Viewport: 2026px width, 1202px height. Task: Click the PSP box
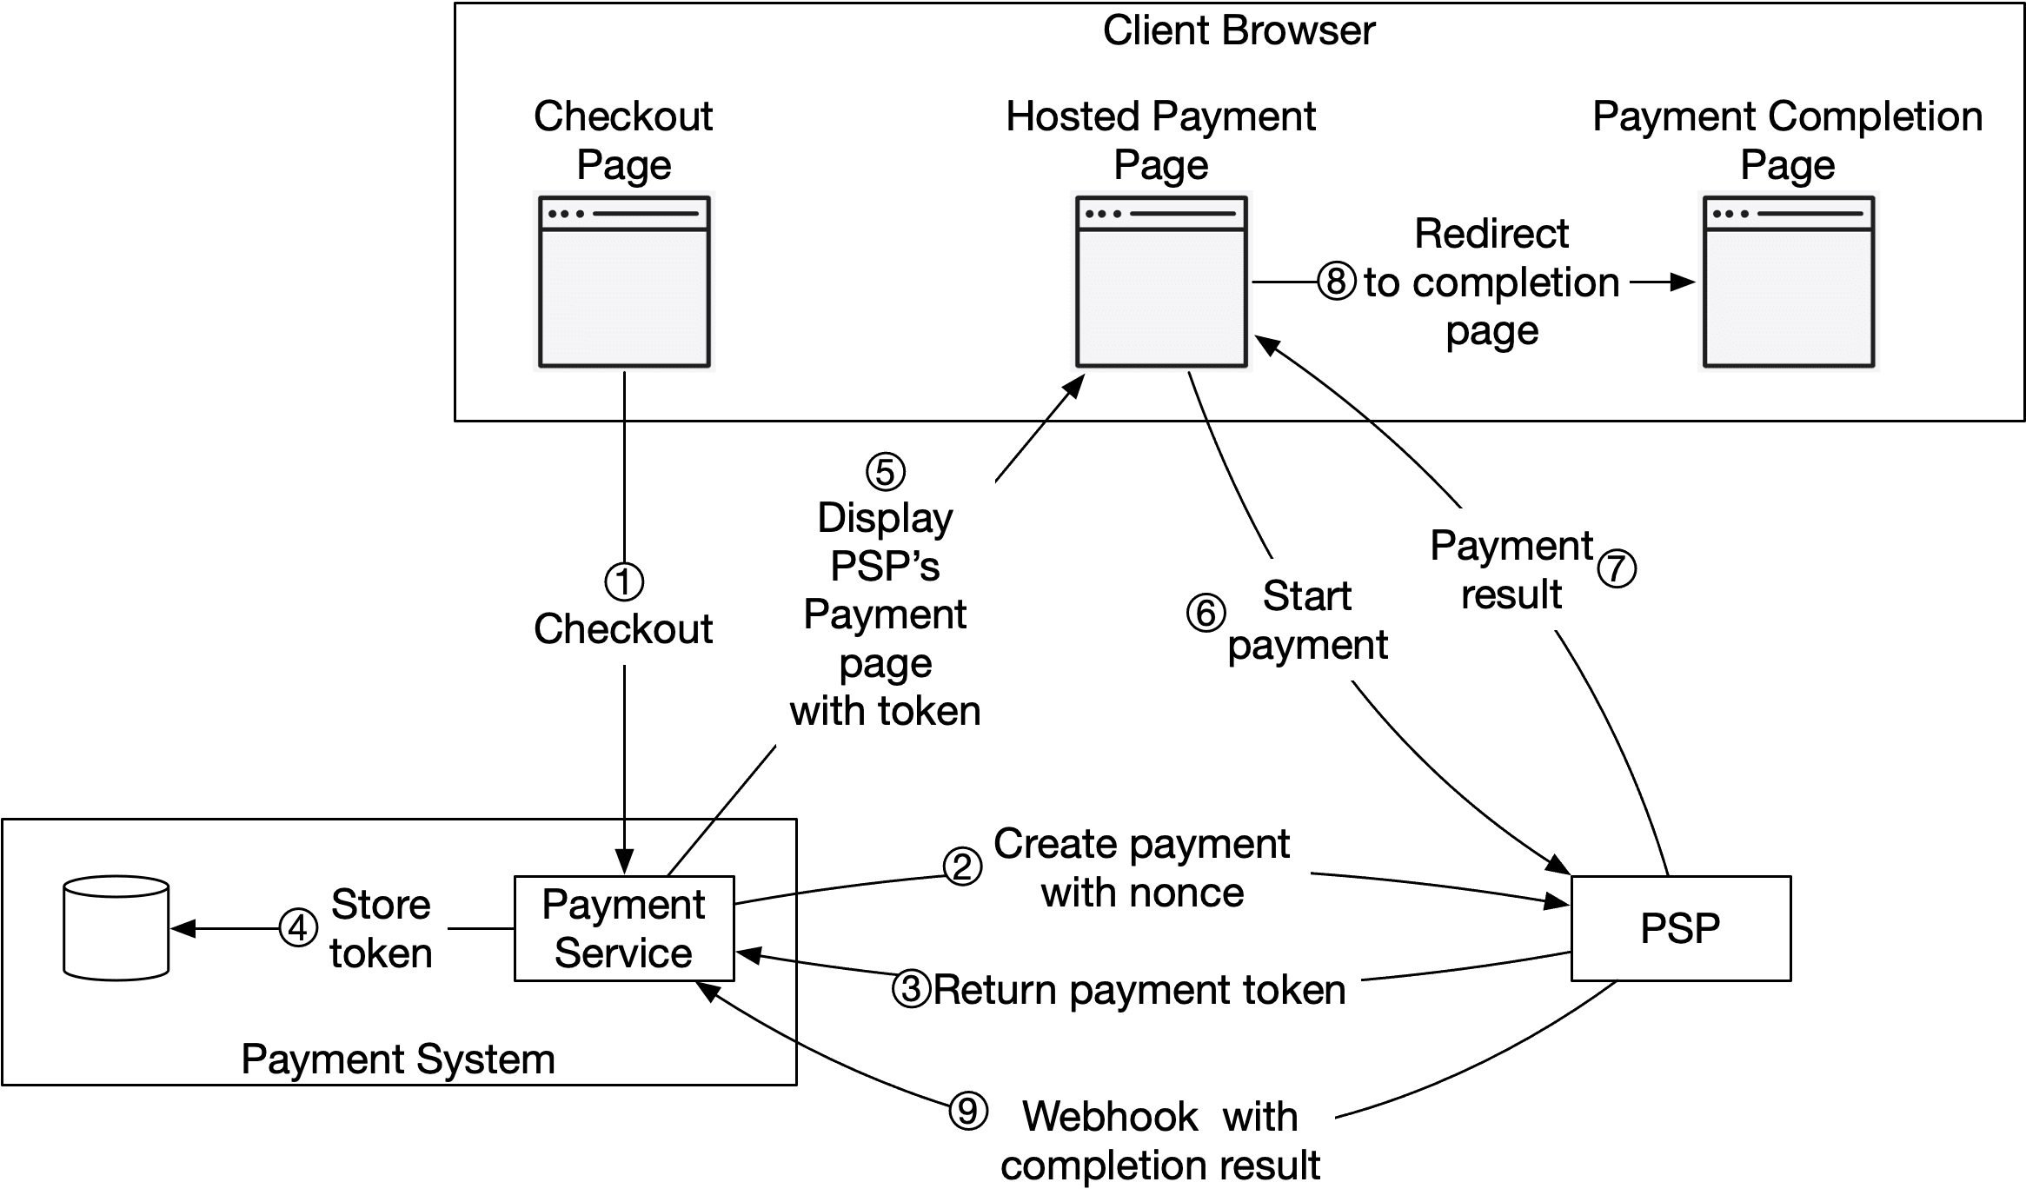(1680, 928)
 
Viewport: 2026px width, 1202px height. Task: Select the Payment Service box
(623, 928)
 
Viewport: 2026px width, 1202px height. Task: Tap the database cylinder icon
(116, 928)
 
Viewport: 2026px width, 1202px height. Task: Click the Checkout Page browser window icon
(624, 282)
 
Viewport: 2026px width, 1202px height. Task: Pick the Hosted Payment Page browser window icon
(1161, 282)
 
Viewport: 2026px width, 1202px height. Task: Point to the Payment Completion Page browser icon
(1788, 282)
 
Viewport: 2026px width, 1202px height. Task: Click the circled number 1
(623, 581)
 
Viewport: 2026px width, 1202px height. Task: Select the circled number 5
(885, 472)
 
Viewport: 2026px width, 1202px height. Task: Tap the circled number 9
(967, 1111)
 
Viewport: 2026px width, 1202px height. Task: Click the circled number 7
(1617, 568)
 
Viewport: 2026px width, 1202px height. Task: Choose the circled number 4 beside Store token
(297, 928)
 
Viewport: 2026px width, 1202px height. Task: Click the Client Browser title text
(1239, 31)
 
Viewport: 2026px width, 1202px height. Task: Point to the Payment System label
(398, 1059)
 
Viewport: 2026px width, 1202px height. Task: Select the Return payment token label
(1139, 990)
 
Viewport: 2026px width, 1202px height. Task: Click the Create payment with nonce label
(1142, 867)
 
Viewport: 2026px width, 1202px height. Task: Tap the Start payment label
(1307, 620)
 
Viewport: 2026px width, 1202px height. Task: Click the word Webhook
(1110, 1117)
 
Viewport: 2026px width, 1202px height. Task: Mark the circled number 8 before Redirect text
(1336, 282)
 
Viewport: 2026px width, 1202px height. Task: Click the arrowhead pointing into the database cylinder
(181, 928)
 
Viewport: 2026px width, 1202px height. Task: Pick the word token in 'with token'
(928, 711)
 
